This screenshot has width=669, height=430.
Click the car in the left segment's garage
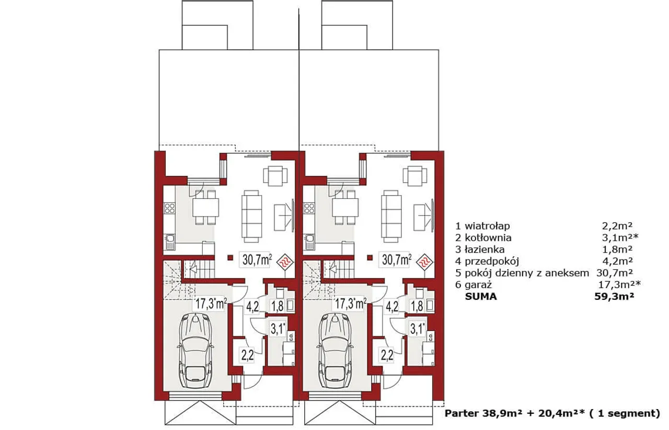coord(195,350)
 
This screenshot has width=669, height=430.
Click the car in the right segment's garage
coord(335,350)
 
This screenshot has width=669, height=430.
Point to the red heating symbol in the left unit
coord(286,263)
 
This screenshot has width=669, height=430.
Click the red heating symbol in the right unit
coord(426,263)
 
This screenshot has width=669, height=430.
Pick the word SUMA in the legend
coord(481,296)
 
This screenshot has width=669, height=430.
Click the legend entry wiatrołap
coord(487,226)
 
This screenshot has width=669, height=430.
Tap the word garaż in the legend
coord(478,285)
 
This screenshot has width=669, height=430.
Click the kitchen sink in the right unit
coord(309,242)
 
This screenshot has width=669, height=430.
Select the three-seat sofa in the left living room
coord(251,217)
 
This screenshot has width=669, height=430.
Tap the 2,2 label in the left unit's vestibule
coord(248,355)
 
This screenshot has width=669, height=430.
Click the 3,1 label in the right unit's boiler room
coord(417,329)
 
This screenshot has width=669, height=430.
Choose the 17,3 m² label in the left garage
coord(211,304)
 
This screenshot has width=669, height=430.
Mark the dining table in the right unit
coord(345,208)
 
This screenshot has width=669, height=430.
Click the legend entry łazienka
coord(485,250)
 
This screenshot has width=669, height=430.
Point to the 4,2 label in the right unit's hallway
coord(392,307)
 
